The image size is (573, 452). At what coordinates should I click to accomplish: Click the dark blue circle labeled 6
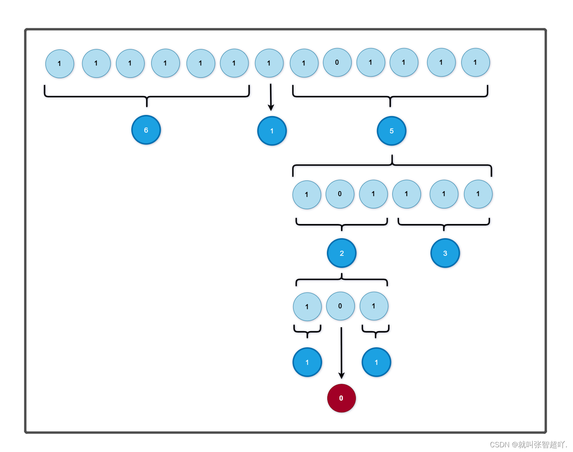pyautogui.click(x=146, y=130)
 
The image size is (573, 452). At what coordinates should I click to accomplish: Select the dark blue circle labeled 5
pyautogui.click(x=391, y=131)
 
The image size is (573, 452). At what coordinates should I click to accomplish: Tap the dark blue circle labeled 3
pyautogui.click(x=445, y=253)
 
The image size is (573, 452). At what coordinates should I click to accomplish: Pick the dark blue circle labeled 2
pyautogui.click(x=341, y=253)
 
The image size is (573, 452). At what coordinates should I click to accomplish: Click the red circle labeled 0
pyautogui.click(x=341, y=398)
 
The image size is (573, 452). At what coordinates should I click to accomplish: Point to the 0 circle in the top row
pyautogui.click(x=337, y=62)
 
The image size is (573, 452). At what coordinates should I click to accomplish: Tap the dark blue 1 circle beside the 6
pyautogui.click(x=272, y=131)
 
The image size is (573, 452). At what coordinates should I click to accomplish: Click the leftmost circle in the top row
pyautogui.click(x=60, y=64)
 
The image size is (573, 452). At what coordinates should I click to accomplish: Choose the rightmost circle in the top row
pyautogui.click(x=475, y=62)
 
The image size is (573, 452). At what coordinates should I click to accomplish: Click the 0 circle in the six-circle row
pyautogui.click(x=340, y=194)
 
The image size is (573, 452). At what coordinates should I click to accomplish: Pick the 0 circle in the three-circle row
pyautogui.click(x=340, y=306)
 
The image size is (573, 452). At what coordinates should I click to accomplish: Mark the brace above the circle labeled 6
pyautogui.click(x=147, y=96)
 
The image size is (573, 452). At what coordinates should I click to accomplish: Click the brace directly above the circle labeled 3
pyautogui.click(x=444, y=224)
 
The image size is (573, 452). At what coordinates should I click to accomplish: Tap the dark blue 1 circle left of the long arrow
pyautogui.click(x=307, y=362)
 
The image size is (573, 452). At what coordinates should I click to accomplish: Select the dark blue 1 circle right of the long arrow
pyautogui.click(x=376, y=362)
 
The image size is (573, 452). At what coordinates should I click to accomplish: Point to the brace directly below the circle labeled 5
pyautogui.click(x=392, y=165)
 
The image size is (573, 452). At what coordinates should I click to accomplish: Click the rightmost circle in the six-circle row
pyautogui.click(x=478, y=194)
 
